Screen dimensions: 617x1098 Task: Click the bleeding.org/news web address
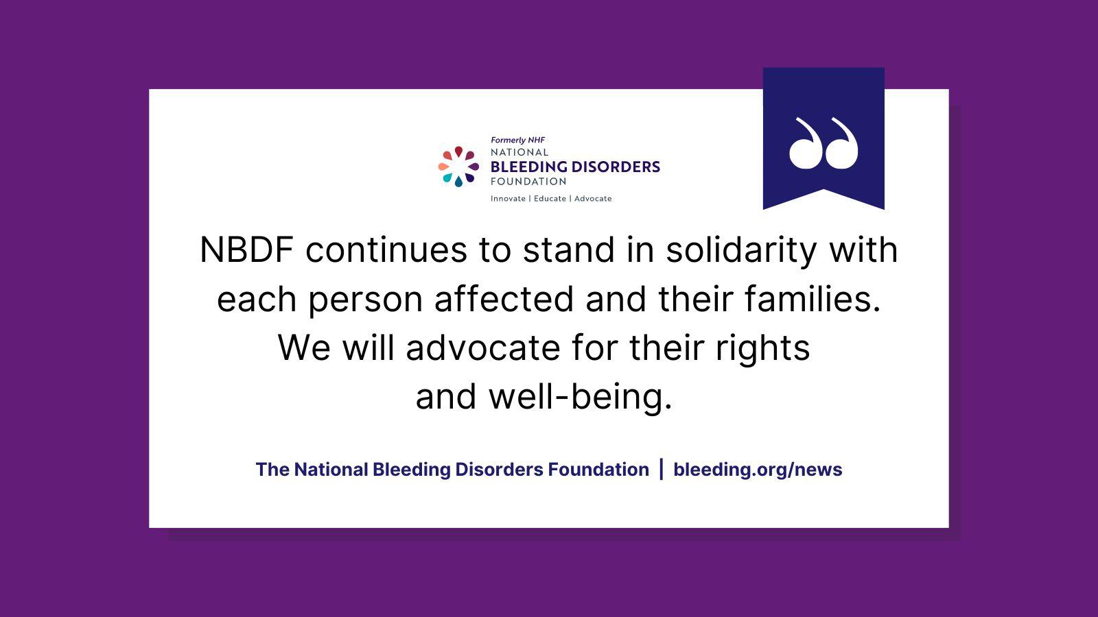(x=758, y=470)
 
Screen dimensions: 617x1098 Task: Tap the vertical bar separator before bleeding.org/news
(x=661, y=470)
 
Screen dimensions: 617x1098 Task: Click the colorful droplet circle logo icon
(x=458, y=167)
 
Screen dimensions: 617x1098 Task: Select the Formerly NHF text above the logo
(x=517, y=140)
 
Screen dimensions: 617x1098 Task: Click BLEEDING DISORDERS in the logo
(x=575, y=167)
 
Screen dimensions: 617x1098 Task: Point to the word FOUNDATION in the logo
(x=528, y=182)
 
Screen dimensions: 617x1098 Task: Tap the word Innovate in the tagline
(x=508, y=199)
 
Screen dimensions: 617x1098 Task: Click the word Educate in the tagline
(x=550, y=199)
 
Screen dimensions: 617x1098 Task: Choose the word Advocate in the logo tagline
(x=593, y=199)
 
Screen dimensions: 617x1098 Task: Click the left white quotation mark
(x=805, y=143)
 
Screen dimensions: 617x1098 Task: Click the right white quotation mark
(x=841, y=143)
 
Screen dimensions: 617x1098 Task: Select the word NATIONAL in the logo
(x=519, y=152)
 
